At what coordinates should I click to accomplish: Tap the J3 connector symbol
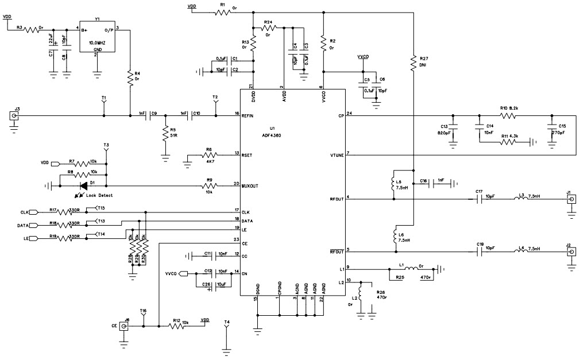(14, 116)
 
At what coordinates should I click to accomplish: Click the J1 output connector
(571, 199)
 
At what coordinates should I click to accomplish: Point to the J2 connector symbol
(571, 251)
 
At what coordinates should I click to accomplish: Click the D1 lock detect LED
(84, 185)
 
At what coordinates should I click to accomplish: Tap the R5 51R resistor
(165, 133)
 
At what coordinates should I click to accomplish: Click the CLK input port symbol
(34, 211)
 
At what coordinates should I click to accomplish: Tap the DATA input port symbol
(34, 226)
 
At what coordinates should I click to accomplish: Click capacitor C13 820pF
(453, 126)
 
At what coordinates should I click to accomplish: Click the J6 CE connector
(123, 327)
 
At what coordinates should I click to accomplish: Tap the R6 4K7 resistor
(208, 154)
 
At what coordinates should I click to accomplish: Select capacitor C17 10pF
(480, 199)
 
